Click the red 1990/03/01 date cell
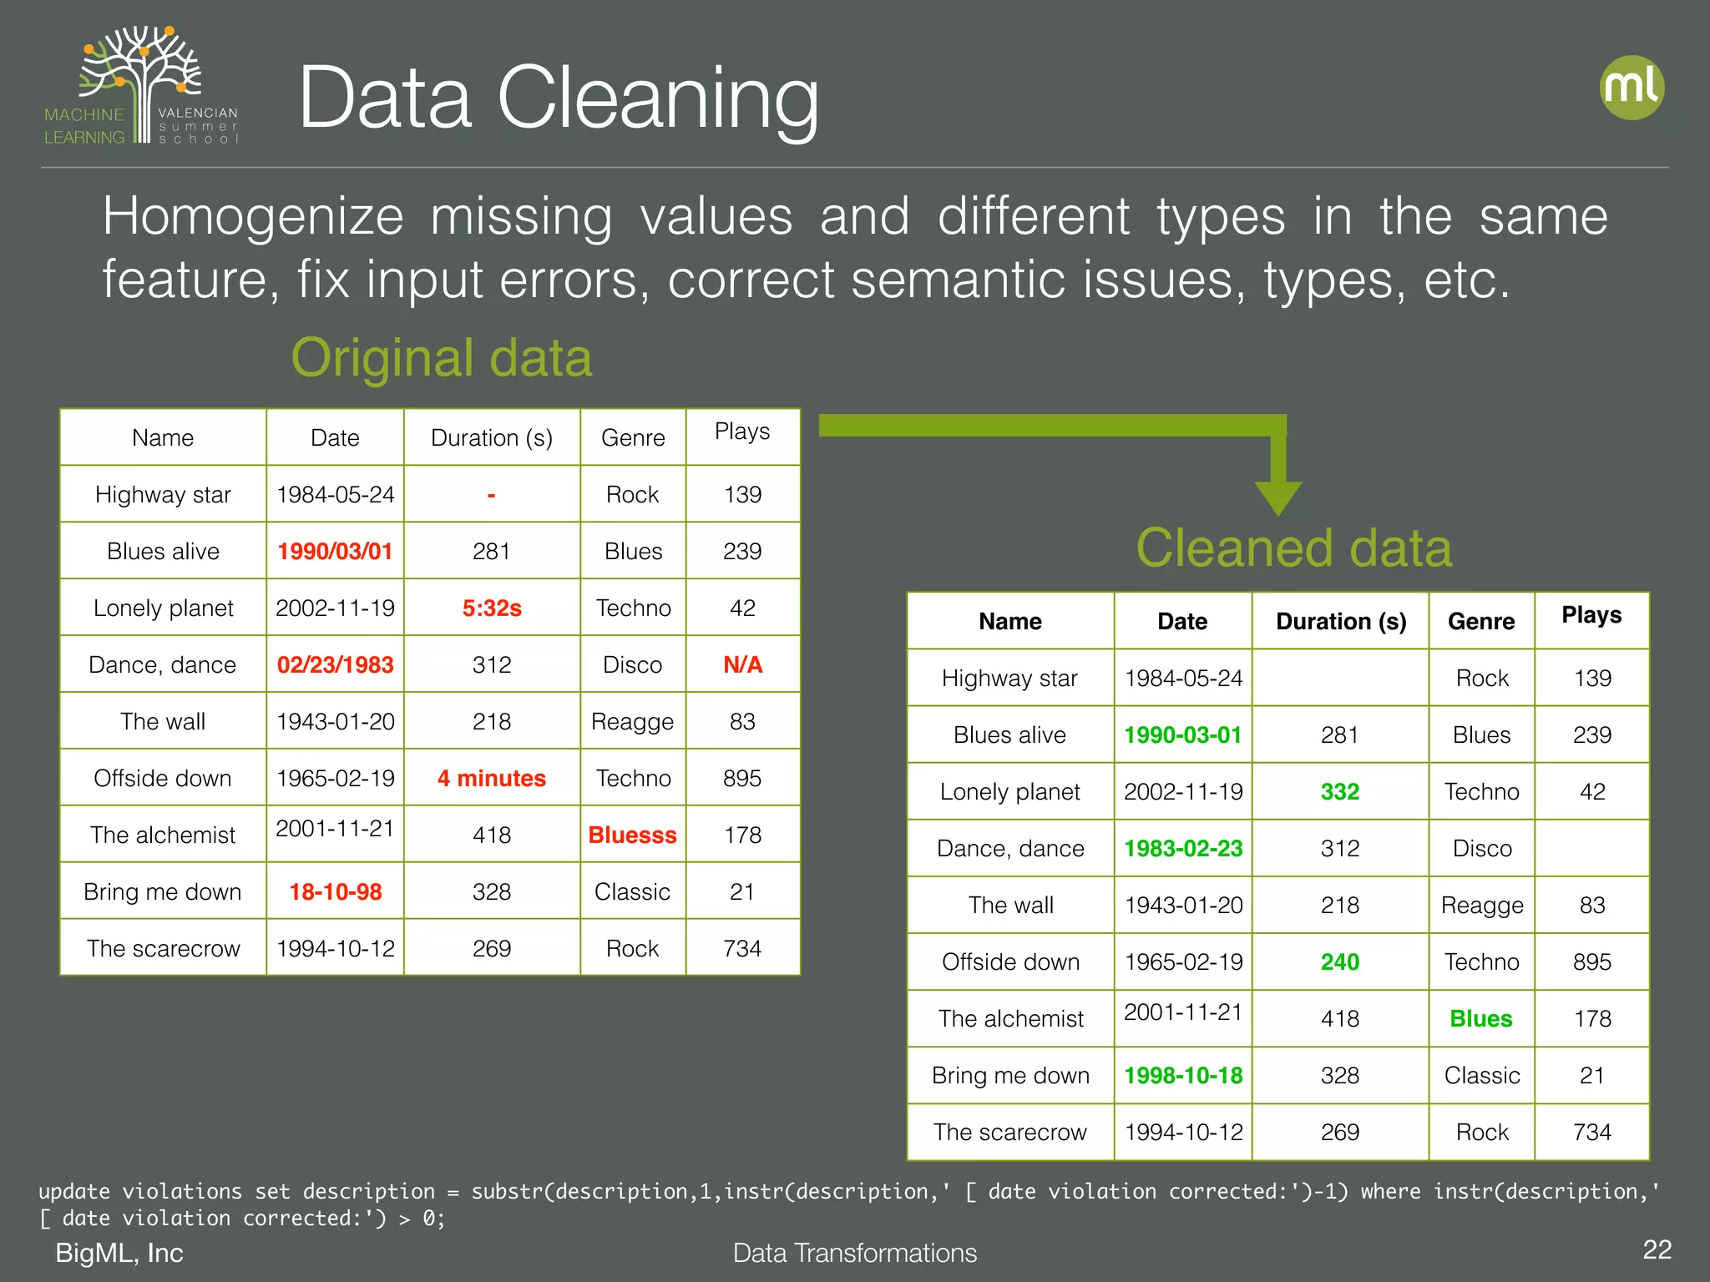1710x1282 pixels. coord(335,551)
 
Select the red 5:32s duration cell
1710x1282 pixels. coord(492,608)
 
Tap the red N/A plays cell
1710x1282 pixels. coord(742,664)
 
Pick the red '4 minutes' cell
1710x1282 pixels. coord(492,778)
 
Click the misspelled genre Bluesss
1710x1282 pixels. coord(632,835)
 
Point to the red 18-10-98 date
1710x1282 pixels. coord(335,891)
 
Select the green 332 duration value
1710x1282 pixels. coord(1339,791)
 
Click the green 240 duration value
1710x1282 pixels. coord(1339,961)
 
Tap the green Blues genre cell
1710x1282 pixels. coord(1480,1018)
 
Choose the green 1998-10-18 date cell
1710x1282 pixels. coord(1183,1075)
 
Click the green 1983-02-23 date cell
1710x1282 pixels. coord(1183,848)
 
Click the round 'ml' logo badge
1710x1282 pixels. coord(1632,88)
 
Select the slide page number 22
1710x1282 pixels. coord(1657,1249)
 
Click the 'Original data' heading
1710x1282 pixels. coord(441,358)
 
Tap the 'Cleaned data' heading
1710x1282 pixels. coord(1293,548)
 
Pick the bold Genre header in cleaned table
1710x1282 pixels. coord(1480,621)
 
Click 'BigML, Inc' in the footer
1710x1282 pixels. coord(119,1253)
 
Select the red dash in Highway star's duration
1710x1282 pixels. coord(492,495)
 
